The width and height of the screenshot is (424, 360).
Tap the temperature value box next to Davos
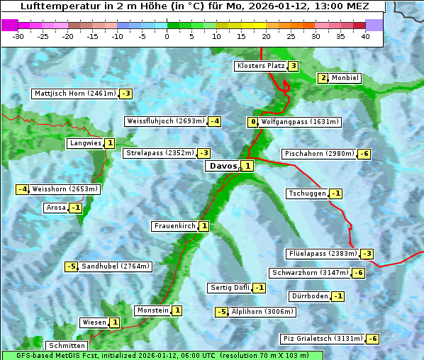(x=247, y=166)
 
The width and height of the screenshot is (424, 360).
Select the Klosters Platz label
(x=260, y=66)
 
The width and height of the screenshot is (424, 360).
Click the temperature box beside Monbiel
(x=323, y=78)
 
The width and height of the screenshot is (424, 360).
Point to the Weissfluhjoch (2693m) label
(x=165, y=121)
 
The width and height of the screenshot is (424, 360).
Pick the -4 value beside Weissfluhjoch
(x=214, y=121)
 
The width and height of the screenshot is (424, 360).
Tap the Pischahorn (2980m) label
(x=318, y=154)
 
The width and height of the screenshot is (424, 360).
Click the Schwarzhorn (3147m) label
(x=310, y=273)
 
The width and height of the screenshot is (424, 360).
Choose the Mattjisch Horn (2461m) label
(x=74, y=94)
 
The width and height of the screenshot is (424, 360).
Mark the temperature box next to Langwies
(x=109, y=143)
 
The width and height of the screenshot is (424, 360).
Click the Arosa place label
(x=56, y=208)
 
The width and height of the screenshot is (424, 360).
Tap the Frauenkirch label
(x=174, y=226)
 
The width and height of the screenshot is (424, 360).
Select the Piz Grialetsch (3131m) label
(x=323, y=339)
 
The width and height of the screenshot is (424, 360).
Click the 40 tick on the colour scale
(x=365, y=35)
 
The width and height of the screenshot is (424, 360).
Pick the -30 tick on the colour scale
(x=18, y=35)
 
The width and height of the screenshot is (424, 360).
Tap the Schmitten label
(x=66, y=346)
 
